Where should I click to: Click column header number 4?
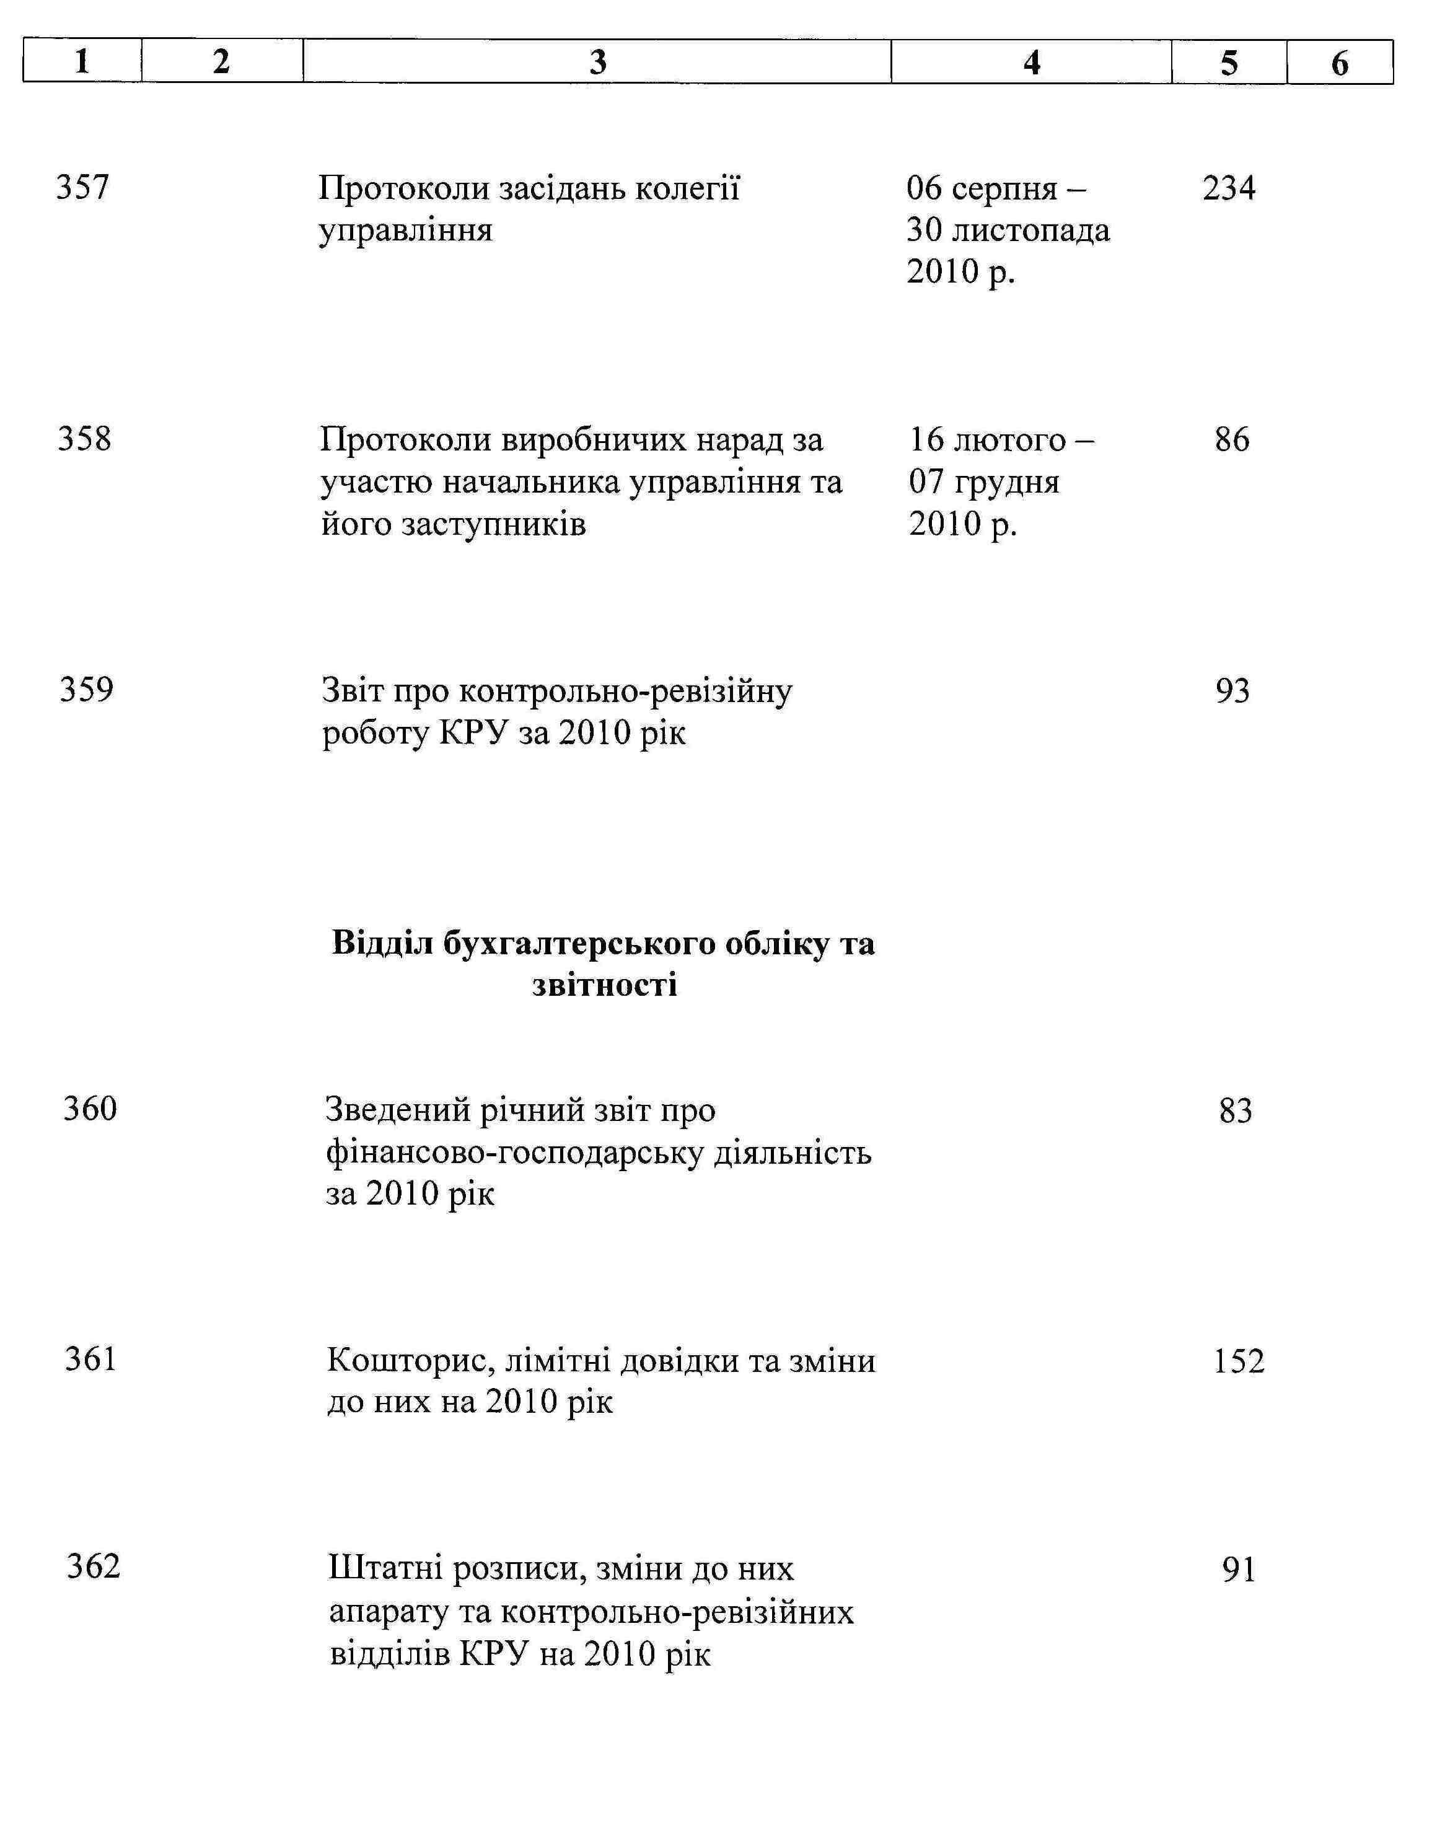(x=1031, y=63)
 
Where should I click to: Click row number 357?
(x=82, y=187)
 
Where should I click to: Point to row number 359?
(x=86, y=690)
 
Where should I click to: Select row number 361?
(x=90, y=1359)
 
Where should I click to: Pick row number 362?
(x=94, y=1566)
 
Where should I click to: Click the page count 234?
(x=1228, y=188)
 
